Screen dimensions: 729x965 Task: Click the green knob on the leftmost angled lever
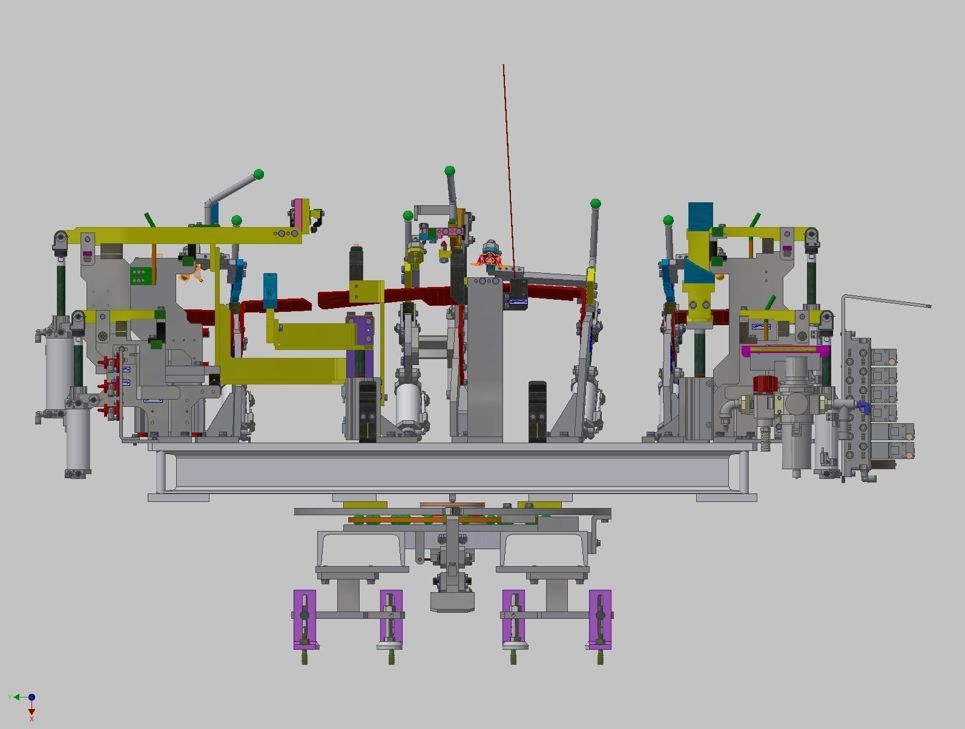click(x=259, y=175)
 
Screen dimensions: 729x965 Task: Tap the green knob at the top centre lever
click(x=449, y=171)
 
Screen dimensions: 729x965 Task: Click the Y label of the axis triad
click(x=10, y=698)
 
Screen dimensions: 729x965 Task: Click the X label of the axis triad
click(x=31, y=719)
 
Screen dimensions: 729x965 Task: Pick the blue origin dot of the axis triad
click(x=31, y=698)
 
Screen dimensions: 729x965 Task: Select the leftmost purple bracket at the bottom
click(x=305, y=619)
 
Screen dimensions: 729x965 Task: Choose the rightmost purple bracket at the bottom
click(x=600, y=619)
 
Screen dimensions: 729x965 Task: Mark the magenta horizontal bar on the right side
click(x=785, y=350)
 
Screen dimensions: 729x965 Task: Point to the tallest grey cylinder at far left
click(x=59, y=369)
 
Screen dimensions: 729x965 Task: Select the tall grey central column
click(x=485, y=357)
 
